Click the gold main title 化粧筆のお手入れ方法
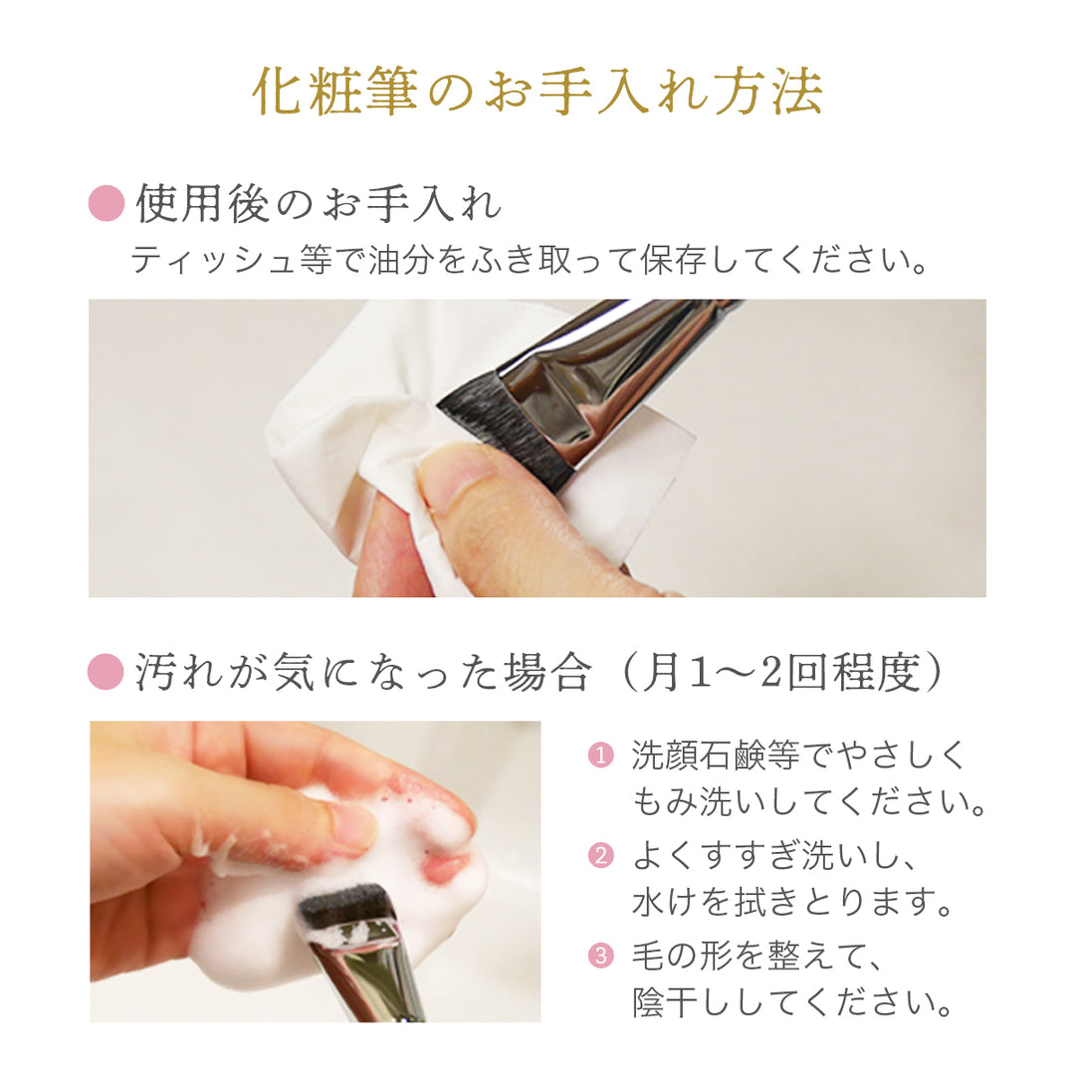[x=537, y=92]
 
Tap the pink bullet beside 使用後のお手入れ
[x=107, y=203]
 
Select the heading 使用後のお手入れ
[x=319, y=204]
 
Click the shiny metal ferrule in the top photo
[x=603, y=384]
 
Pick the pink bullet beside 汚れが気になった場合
[x=106, y=671]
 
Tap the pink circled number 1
[x=600, y=755]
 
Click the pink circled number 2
[x=600, y=855]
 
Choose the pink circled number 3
[x=600, y=955]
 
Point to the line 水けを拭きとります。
[x=792, y=902]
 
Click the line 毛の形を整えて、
[x=756, y=955]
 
